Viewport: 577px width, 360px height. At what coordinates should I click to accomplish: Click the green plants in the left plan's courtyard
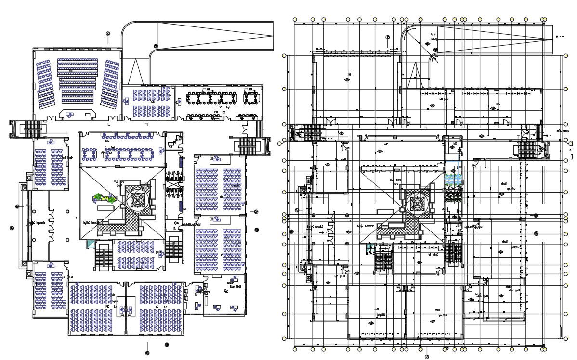click(x=105, y=198)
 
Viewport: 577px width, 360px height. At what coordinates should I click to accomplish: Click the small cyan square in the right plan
click(x=369, y=247)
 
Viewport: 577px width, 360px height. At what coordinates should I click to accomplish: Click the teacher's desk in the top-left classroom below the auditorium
click(x=50, y=142)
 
